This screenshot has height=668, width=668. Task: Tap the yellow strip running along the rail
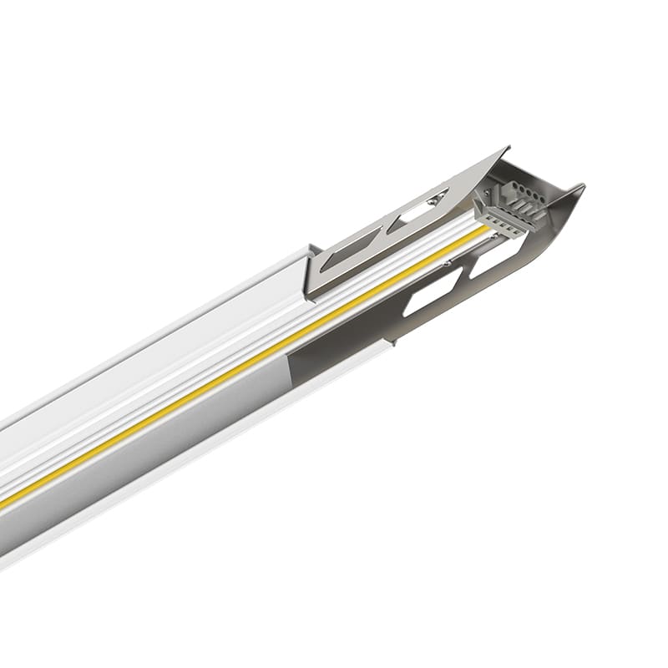pyautogui.click(x=250, y=368)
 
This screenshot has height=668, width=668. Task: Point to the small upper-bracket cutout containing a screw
pyautogui.click(x=422, y=207)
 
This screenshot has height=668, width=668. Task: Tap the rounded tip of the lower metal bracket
pyautogui.click(x=576, y=190)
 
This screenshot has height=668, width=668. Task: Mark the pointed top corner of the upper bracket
pyautogui.click(x=506, y=149)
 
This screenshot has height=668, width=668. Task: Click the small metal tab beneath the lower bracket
pyautogui.click(x=393, y=341)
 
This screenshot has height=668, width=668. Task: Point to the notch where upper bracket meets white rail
pyautogui.click(x=311, y=248)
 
